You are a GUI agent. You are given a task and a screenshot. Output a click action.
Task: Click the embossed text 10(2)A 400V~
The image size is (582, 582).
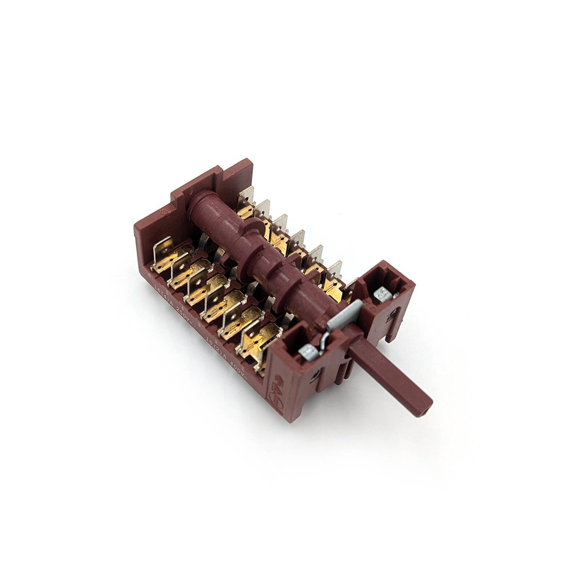point(227,351)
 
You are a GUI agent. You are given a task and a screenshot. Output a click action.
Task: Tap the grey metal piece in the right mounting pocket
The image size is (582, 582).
point(384,293)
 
